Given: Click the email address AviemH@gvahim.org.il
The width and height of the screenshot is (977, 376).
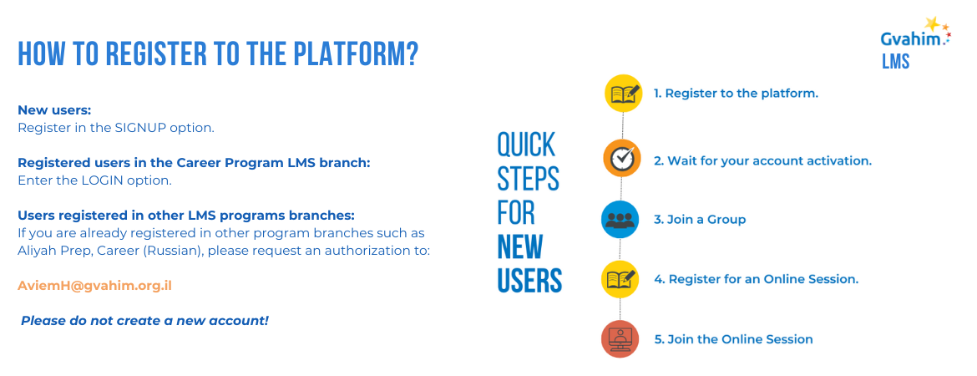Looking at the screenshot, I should [x=94, y=285].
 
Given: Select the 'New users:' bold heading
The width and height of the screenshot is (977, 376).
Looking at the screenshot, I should [x=54, y=109].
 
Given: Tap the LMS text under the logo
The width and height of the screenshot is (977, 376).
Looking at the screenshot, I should [x=895, y=62].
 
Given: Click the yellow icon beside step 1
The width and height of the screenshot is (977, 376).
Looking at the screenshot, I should [x=624, y=93].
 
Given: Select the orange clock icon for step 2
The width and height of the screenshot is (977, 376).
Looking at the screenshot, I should [x=622, y=158].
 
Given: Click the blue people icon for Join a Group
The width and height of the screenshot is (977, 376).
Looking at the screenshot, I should [x=620, y=220].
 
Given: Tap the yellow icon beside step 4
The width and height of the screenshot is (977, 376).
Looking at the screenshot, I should [x=620, y=279].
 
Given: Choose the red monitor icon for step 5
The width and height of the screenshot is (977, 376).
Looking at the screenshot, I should [x=620, y=338].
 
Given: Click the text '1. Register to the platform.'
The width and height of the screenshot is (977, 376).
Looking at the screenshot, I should [x=736, y=93].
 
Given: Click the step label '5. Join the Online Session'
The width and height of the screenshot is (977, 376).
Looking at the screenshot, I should [x=733, y=339].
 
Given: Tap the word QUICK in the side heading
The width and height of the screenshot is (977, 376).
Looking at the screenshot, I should [x=526, y=145].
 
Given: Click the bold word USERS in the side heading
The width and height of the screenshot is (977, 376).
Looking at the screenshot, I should [x=529, y=280].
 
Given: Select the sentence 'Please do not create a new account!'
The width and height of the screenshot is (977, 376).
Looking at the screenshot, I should [x=144, y=320].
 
